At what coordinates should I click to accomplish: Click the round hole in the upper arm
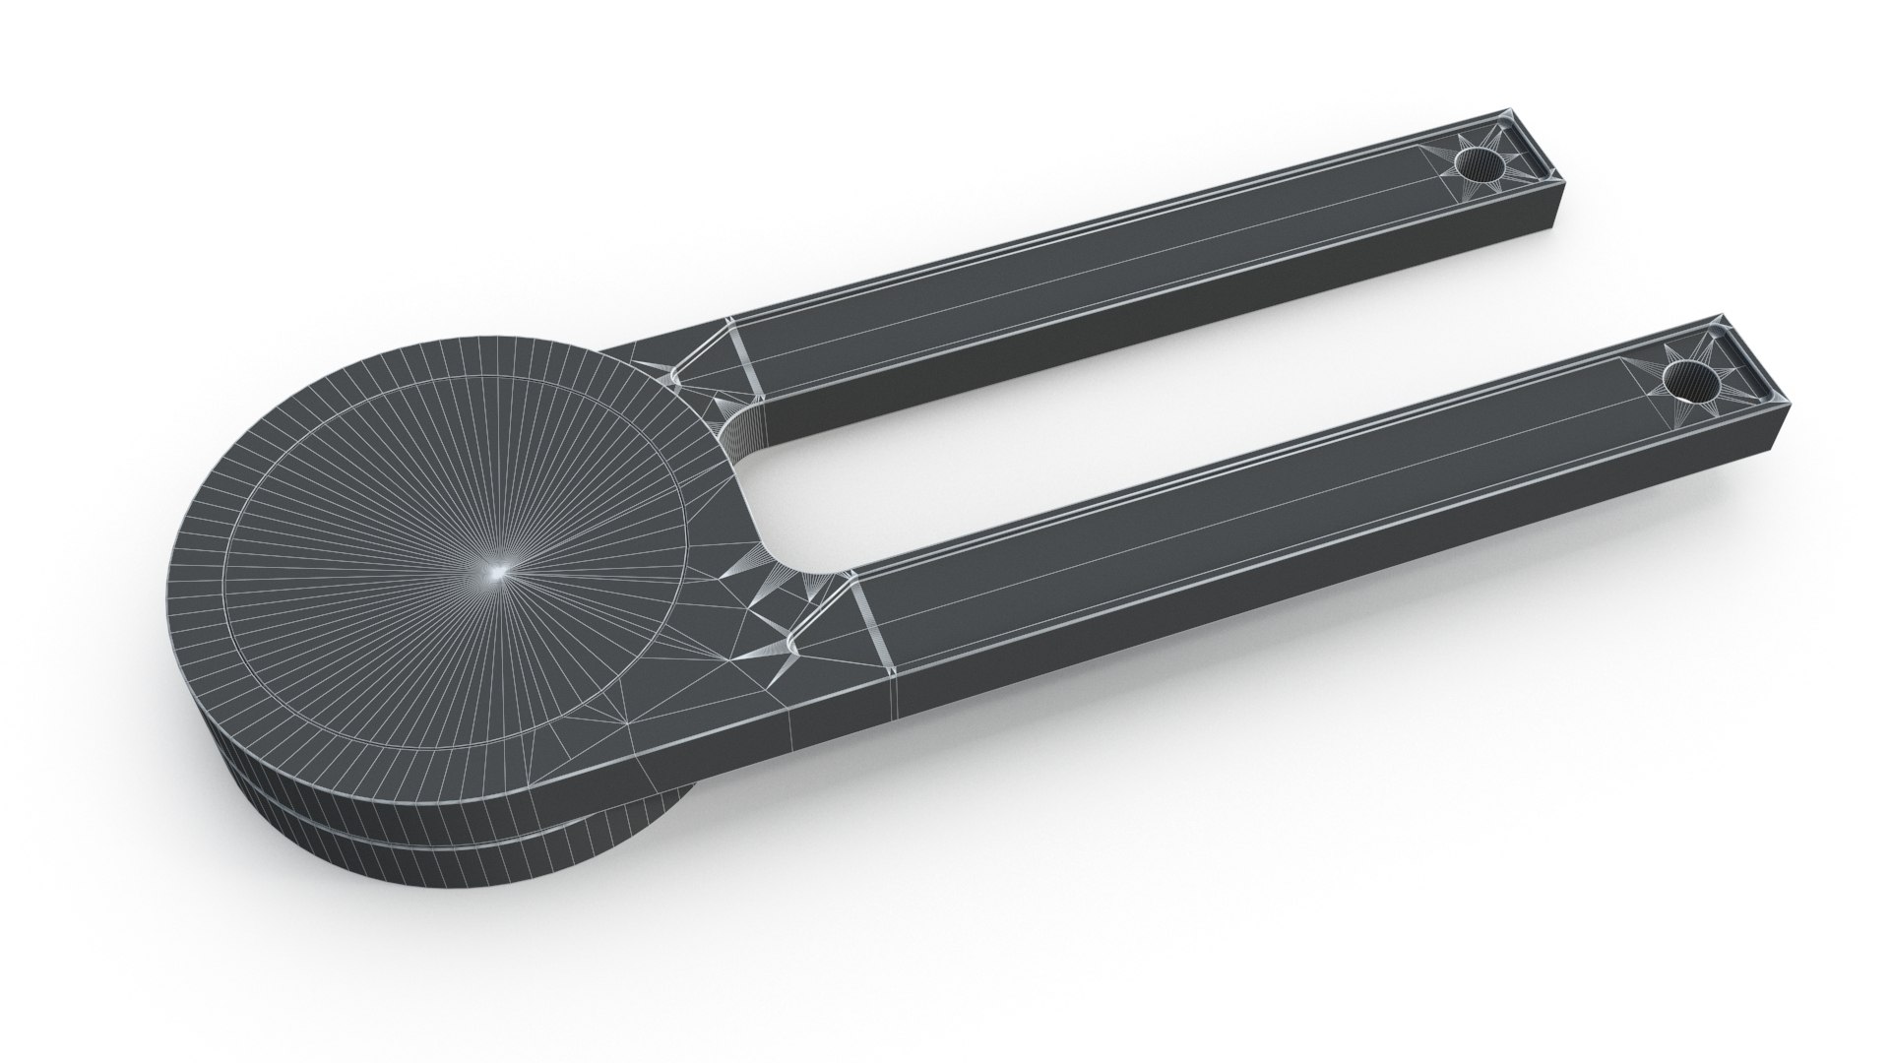pos(1480,168)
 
